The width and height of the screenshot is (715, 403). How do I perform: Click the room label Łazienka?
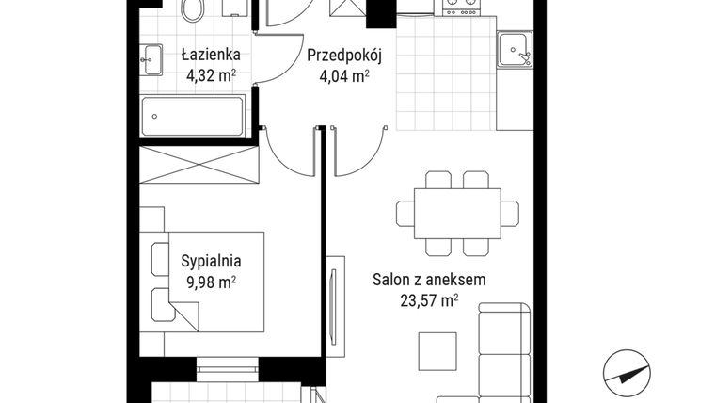[x=199, y=55]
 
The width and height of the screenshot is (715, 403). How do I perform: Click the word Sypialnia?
[x=212, y=263]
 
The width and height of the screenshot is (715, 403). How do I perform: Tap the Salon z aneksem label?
[x=428, y=280]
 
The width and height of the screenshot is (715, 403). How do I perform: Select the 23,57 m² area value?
[x=428, y=300]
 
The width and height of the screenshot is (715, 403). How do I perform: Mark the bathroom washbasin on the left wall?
[x=151, y=57]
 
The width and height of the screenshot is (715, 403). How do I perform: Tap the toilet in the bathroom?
[x=194, y=10]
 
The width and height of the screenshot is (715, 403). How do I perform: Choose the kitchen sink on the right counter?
[x=515, y=49]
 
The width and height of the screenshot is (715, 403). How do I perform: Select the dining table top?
[x=456, y=213]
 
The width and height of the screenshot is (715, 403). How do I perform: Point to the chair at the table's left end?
[x=405, y=213]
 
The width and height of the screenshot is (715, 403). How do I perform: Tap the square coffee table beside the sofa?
[x=437, y=353]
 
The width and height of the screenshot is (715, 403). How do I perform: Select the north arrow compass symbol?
[x=628, y=370]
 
